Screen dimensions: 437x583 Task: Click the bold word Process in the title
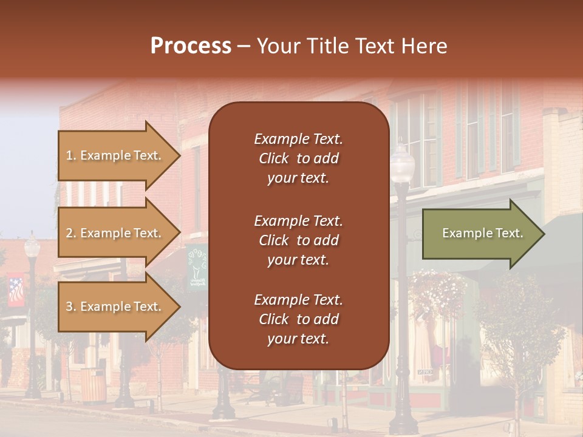point(191,46)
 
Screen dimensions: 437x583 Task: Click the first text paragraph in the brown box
point(298,158)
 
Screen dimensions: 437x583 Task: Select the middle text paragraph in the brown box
point(298,240)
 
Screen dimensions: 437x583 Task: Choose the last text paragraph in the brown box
point(298,319)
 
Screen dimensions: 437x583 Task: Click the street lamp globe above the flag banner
point(32,246)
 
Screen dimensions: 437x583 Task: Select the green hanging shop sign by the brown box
point(197,267)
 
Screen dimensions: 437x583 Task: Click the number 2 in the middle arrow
point(69,233)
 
